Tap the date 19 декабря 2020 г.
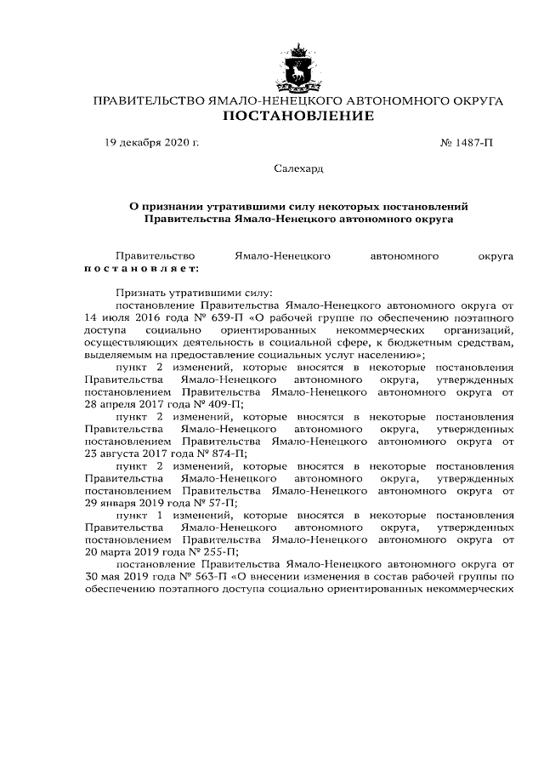(x=151, y=142)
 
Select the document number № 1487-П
(x=466, y=142)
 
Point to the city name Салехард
(x=298, y=168)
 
